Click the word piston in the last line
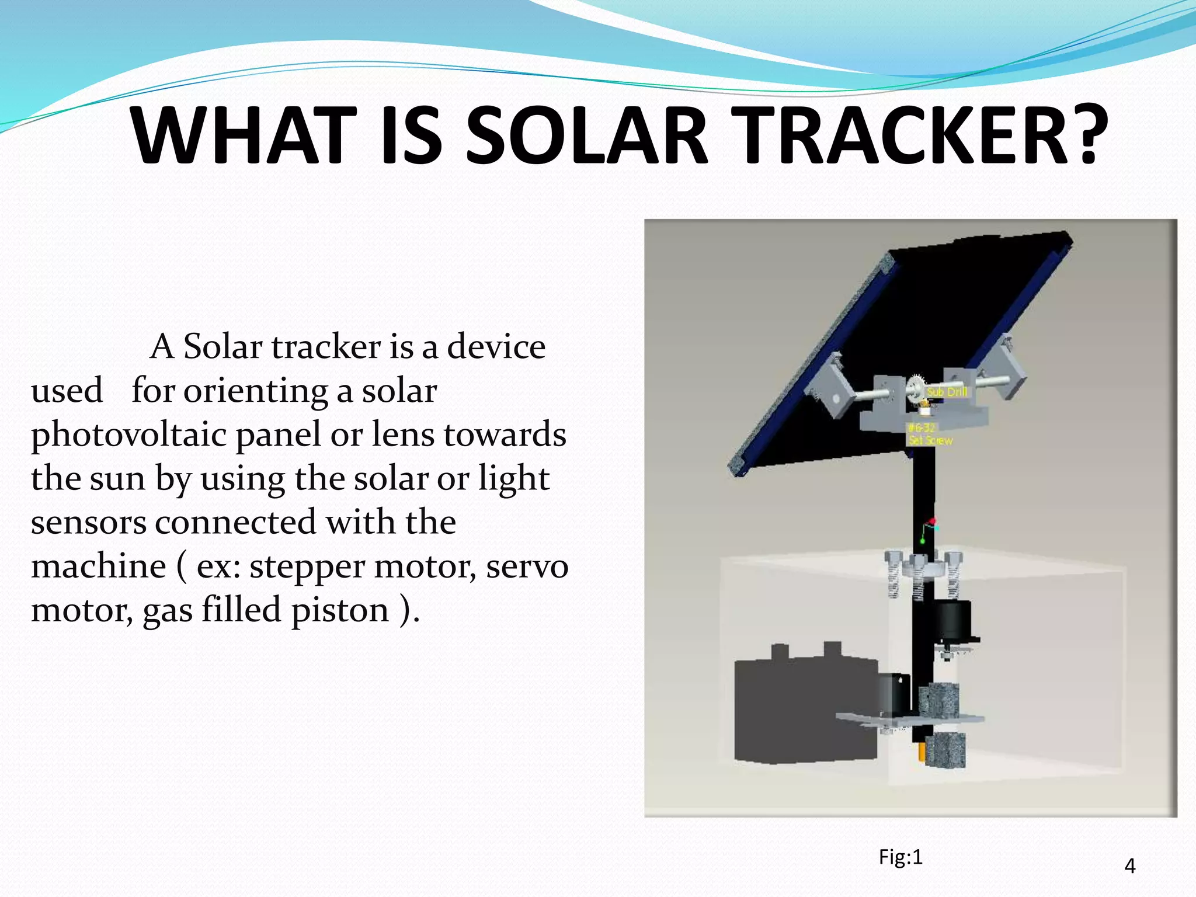(340, 611)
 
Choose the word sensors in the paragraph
(88, 523)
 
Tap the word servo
(527, 566)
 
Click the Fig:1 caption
(901, 857)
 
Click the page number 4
(1129, 865)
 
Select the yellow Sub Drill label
(947, 392)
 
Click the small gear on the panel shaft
(917, 389)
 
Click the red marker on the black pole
(932, 521)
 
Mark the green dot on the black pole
(923, 541)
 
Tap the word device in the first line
(496, 347)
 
